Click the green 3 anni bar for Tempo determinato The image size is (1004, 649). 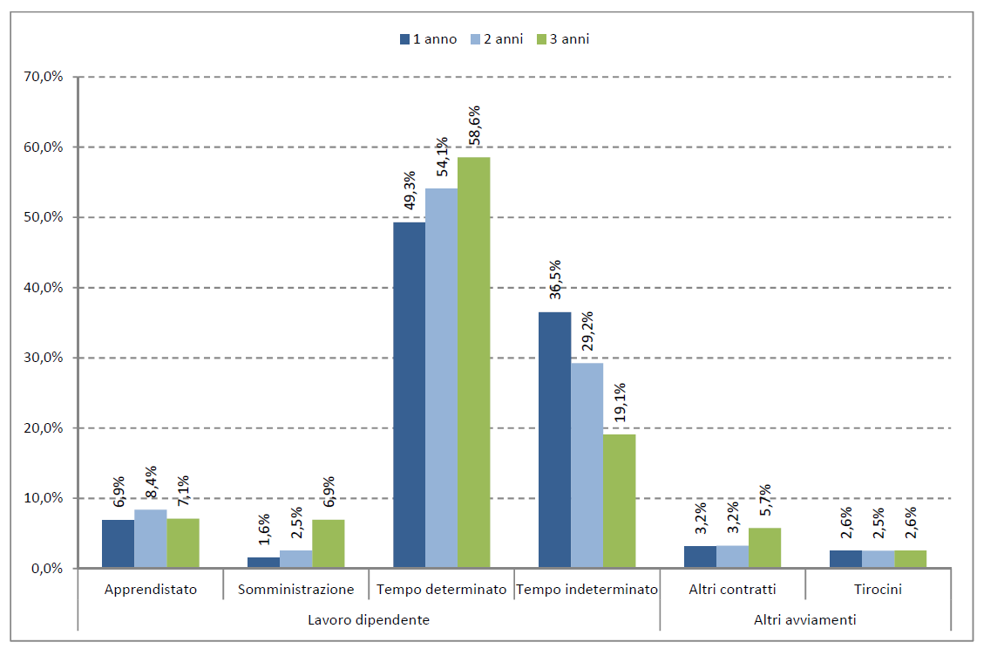pos(473,362)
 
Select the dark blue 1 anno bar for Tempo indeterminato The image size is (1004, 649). pos(554,440)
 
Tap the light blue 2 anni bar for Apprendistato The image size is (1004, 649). pos(150,538)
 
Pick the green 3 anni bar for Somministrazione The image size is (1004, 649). pos(328,543)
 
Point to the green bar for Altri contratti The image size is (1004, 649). pos(764,548)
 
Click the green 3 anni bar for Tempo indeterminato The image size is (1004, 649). pos(619,501)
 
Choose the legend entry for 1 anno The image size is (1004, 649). pos(428,39)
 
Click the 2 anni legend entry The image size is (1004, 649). pos(495,39)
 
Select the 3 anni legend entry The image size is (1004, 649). pos(562,39)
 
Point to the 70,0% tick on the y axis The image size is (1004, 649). pos(43,77)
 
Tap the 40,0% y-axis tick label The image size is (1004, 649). pos(43,288)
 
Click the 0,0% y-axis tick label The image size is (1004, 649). pos(45,569)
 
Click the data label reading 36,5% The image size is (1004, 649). pos(555,280)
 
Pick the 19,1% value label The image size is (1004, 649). pos(620,403)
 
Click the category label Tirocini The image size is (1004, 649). pos(878,590)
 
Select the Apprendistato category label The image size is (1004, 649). pos(151,590)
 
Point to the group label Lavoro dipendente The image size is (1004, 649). pos(369,620)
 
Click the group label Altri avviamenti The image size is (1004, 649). pos(804,620)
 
